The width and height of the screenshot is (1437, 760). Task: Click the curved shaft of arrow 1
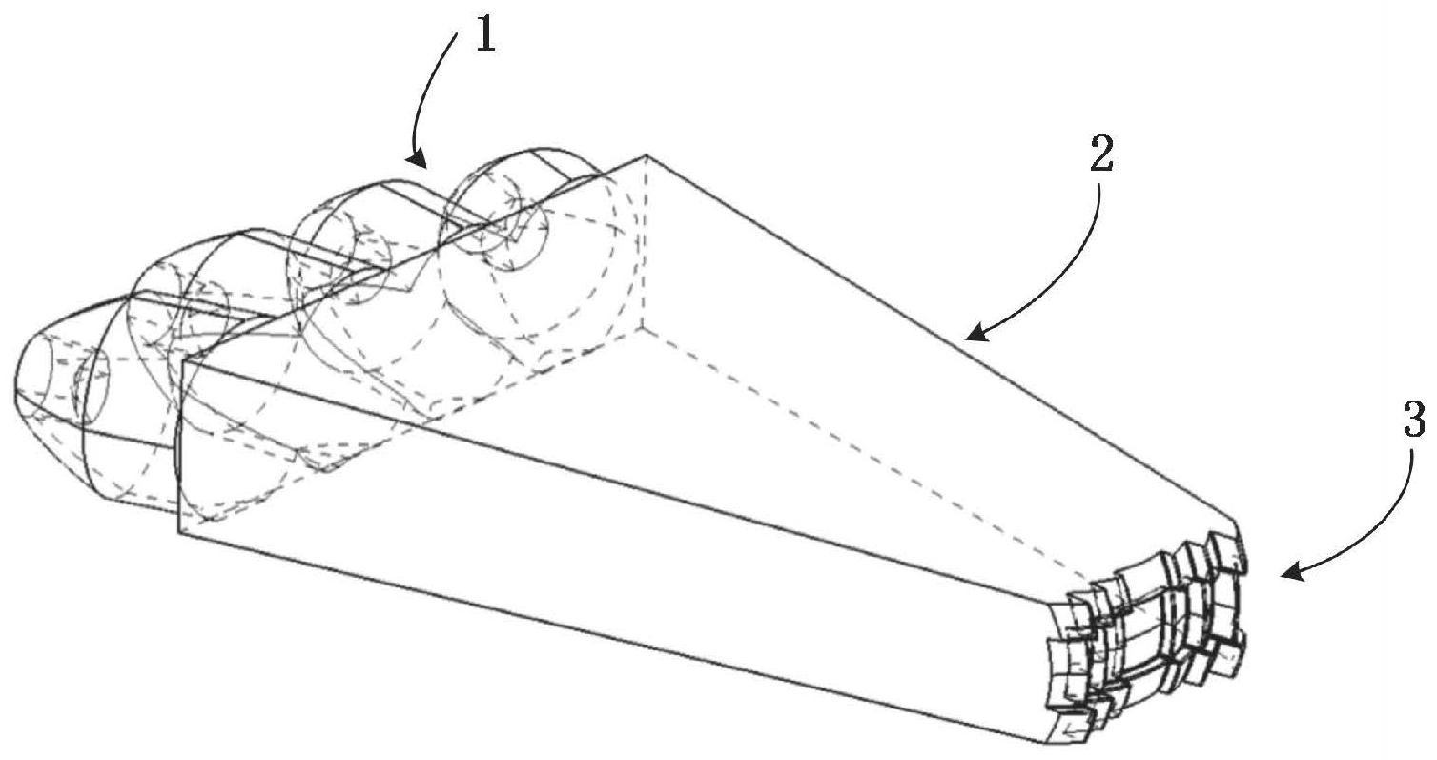(429, 95)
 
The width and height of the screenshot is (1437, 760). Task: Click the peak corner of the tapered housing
(647, 154)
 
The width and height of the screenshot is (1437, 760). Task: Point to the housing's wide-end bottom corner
(179, 531)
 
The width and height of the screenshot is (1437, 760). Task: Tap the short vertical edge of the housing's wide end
(179, 443)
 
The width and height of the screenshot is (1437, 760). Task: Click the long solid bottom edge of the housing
(610, 635)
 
